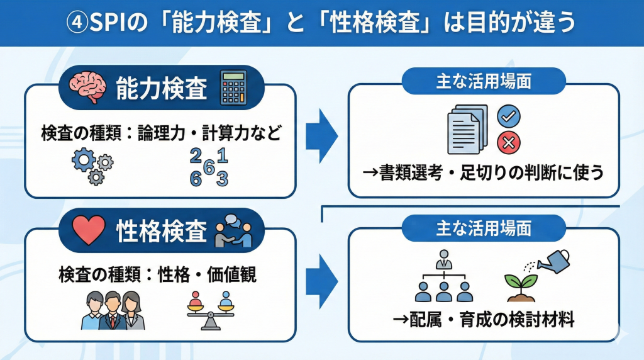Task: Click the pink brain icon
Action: coord(88,89)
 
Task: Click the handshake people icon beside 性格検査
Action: coord(233,232)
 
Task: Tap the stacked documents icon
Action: coord(467,130)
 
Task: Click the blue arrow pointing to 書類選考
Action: coord(322,133)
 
